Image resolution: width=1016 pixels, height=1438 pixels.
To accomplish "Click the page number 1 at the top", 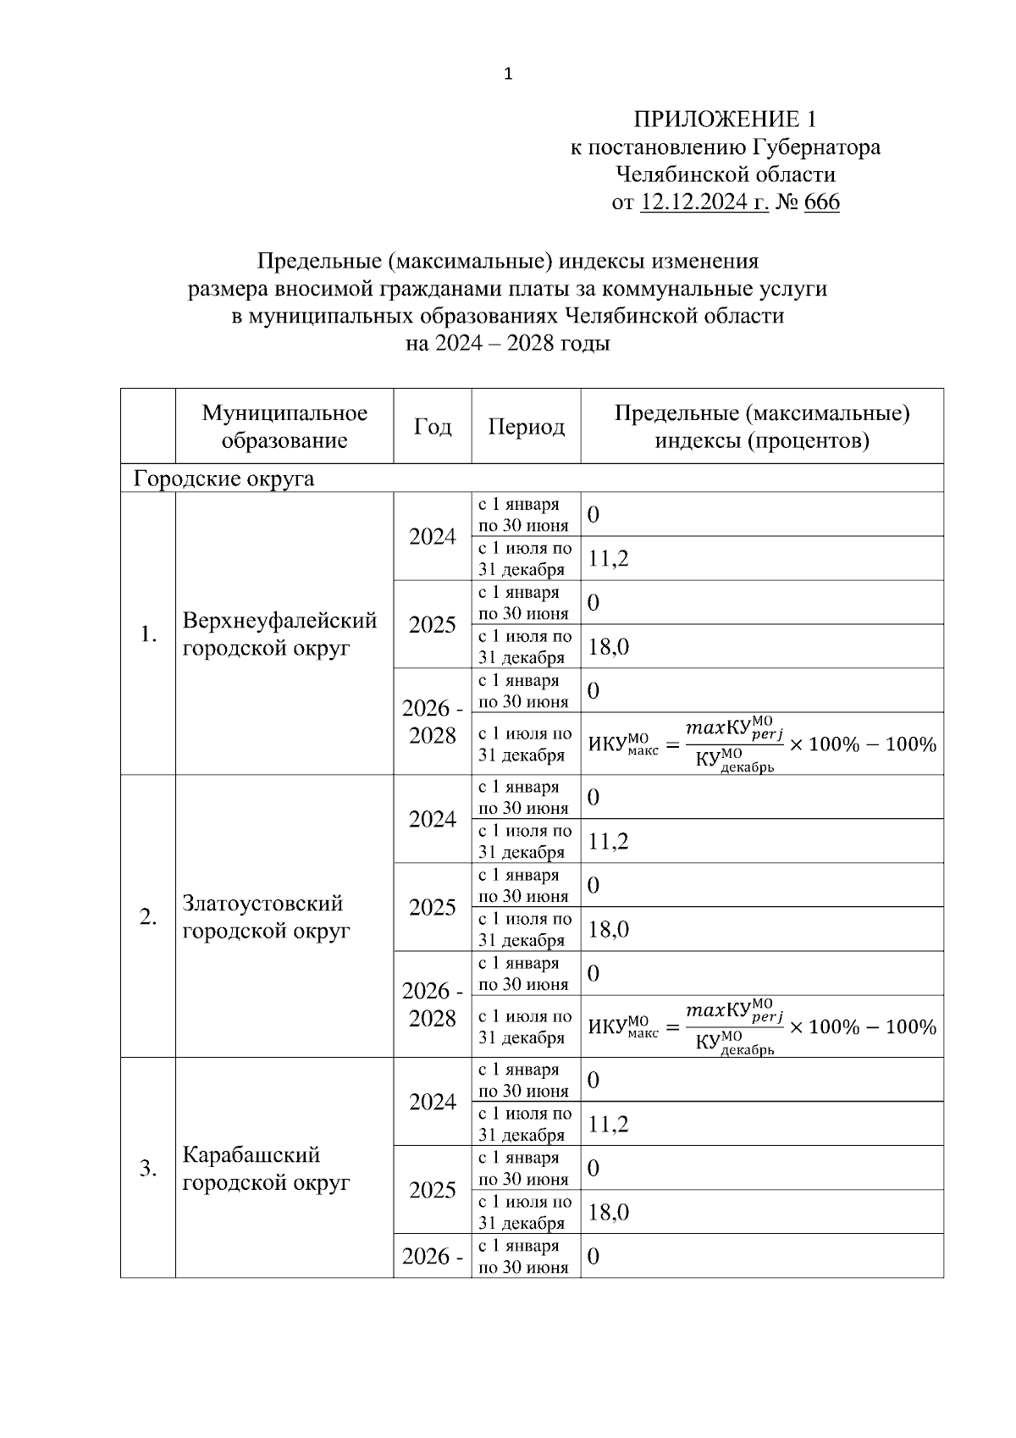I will [x=508, y=75].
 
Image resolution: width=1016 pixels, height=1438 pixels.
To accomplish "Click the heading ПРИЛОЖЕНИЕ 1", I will [x=726, y=119].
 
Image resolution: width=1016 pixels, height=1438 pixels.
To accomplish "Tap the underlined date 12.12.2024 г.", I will [x=704, y=202].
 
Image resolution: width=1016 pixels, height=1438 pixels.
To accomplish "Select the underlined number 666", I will [x=820, y=202].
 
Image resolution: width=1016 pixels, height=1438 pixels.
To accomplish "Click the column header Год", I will [x=432, y=426].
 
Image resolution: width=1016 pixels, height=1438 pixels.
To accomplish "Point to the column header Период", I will [x=526, y=426].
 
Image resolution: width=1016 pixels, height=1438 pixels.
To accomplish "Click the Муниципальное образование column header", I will [x=284, y=426].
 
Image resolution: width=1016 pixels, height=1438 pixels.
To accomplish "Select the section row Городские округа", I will [x=224, y=478].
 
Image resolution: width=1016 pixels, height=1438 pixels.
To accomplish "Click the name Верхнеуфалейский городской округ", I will [x=279, y=633].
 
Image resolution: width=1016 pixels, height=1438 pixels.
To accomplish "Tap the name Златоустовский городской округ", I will [x=266, y=916].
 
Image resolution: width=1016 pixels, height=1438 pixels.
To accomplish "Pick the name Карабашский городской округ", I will [x=266, y=1168].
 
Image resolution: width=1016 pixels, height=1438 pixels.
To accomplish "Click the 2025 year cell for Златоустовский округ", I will [x=432, y=907].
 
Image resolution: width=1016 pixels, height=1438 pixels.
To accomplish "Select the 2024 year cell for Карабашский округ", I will [x=432, y=1102].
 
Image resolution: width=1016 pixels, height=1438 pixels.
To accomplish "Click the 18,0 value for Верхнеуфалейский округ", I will [x=608, y=647].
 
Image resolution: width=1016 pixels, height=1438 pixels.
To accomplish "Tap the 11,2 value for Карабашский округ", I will [x=608, y=1124].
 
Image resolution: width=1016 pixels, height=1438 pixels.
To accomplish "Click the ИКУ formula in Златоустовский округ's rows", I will [x=762, y=1026].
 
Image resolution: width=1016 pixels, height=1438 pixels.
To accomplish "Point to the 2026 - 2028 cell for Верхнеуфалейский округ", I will [x=432, y=722].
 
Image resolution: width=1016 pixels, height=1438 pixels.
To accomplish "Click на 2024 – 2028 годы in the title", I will [x=508, y=344].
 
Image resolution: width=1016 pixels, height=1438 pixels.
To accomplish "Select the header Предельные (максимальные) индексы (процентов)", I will [x=762, y=426].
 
